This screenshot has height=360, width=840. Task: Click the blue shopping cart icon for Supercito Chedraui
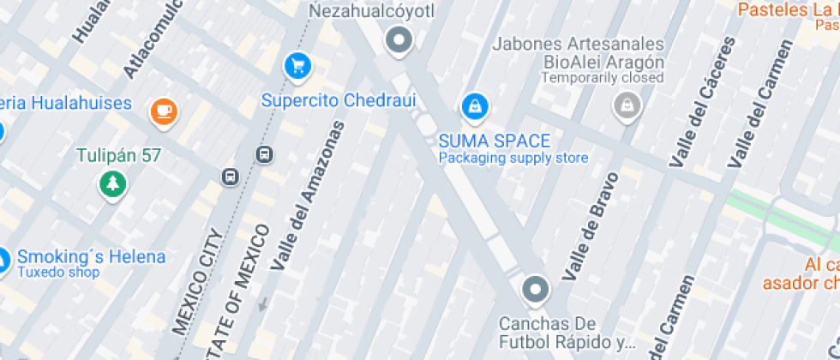coord(297,65)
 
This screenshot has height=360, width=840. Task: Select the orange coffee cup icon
coord(163,111)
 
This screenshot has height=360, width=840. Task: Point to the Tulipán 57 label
coord(118,156)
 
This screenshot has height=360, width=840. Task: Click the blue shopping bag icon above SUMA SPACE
coord(472,107)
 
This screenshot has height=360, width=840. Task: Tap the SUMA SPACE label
coord(495,141)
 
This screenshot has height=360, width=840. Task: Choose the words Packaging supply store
coord(513,158)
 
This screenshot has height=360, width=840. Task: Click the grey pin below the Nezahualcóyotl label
coord(399,39)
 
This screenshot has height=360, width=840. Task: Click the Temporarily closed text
coord(603,78)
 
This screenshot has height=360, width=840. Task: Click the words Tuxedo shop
coord(58,273)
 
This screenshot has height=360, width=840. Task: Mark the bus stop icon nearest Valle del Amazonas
coord(264,154)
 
